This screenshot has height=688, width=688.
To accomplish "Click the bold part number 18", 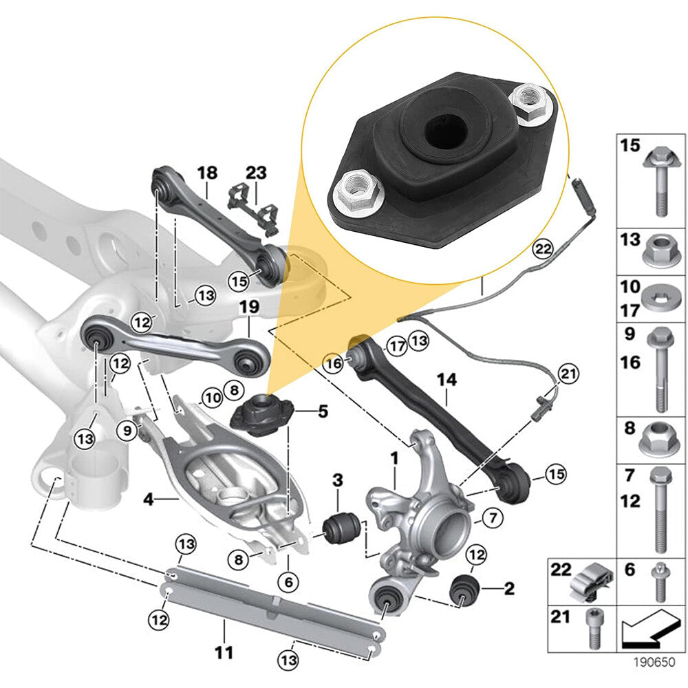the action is click(207, 173).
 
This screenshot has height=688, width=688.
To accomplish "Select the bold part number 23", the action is click(256, 173).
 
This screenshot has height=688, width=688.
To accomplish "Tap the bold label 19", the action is click(249, 307).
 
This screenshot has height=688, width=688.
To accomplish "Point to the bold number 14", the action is click(447, 380).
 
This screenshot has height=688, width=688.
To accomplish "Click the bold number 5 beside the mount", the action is click(323, 411).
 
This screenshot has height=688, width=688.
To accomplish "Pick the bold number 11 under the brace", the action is click(224, 652).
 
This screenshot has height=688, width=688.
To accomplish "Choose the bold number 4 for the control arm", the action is click(149, 499).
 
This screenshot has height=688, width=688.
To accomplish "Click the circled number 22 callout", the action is click(543, 249).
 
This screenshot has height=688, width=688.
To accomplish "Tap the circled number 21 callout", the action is click(568, 374).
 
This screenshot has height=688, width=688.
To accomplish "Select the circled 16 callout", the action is click(334, 363).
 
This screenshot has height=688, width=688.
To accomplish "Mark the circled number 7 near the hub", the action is click(493, 518).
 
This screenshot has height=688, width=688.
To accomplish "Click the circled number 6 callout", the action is click(289, 582).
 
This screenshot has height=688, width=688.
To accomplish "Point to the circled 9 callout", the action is click(127, 431).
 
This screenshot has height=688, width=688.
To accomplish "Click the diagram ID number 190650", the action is click(654, 662).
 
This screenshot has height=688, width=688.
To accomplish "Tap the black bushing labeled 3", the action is click(341, 528).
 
